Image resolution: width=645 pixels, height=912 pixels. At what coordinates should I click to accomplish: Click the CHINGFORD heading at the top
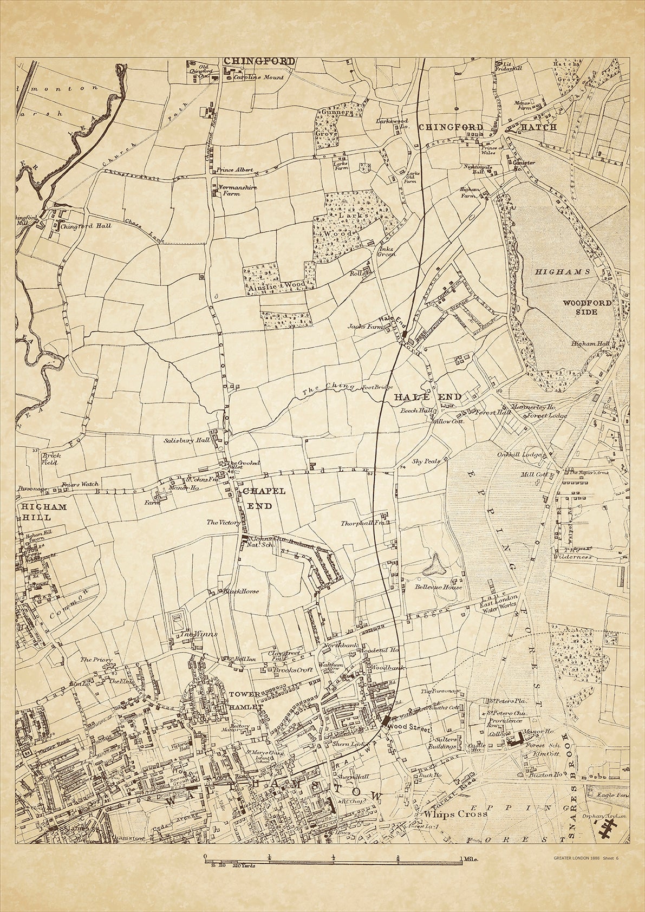pos(260,61)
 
